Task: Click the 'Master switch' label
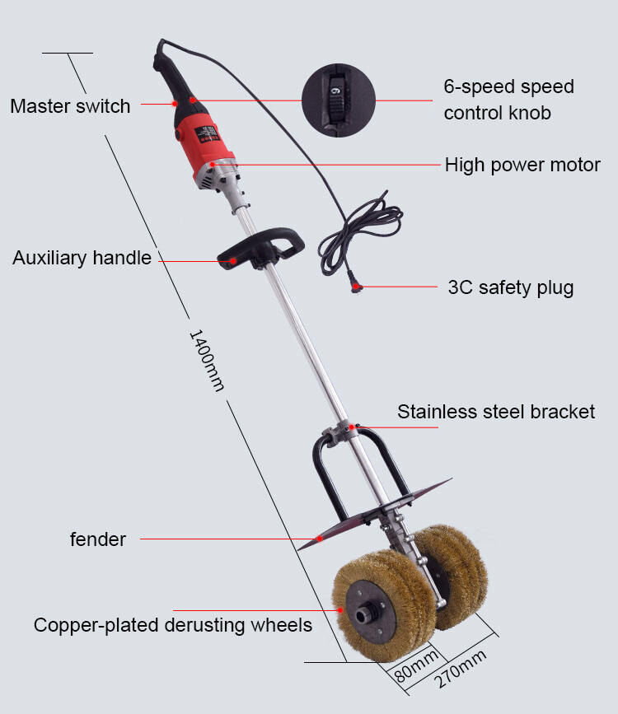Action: coord(70,106)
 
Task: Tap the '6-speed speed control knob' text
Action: coord(508,99)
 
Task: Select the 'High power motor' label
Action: coord(522,165)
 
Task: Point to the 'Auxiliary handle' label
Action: coord(82,258)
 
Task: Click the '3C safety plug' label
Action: coord(510,287)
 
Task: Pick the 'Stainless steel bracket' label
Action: coord(496,411)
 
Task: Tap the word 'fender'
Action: coord(97,539)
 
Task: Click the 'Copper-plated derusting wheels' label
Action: coord(173,625)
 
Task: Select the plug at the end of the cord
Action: coord(357,286)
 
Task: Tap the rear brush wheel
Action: coord(449,572)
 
